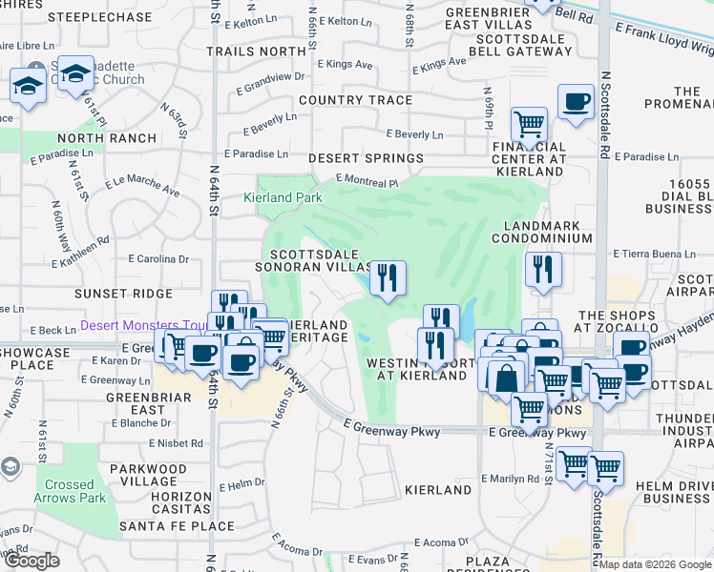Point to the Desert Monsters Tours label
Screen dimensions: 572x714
click(143, 325)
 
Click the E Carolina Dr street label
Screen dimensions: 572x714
click(158, 258)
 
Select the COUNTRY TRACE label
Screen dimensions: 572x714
click(355, 100)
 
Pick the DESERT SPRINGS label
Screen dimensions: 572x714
click(365, 157)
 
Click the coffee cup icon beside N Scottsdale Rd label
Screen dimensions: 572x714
click(575, 102)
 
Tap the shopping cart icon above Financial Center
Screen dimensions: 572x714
click(528, 124)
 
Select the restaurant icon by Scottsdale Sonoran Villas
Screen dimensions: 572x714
click(387, 277)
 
